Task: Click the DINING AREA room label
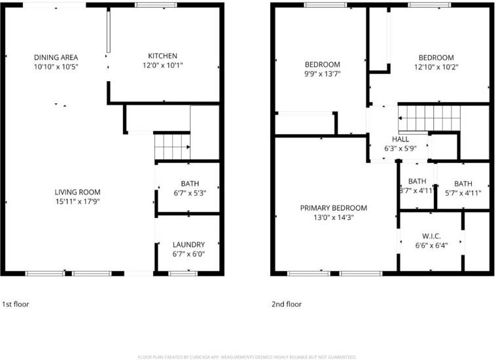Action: pyautogui.click(x=56, y=57)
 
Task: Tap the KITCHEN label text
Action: pyautogui.click(x=162, y=56)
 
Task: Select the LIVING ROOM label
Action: pyautogui.click(x=77, y=192)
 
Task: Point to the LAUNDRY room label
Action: pyautogui.click(x=189, y=244)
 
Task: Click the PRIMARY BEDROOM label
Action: pyautogui.click(x=333, y=208)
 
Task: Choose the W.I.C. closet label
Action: pyautogui.click(x=430, y=236)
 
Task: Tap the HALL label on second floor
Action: pyautogui.click(x=400, y=139)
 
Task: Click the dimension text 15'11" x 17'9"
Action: pyautogui.click(x=77, y=201)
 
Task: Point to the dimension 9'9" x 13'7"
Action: pyautogui.click(x=323, y=73)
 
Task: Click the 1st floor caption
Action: pyautogui.click(x=16, y=304)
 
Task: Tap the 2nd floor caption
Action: pyautogui.click(x=287, y=304)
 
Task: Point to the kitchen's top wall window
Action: pyautogui.click(x=155, y=5)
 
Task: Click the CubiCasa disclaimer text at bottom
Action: pyautogui.click(x=247, y=357)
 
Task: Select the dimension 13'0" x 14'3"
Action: pyautogui.click(x=333, y=218)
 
